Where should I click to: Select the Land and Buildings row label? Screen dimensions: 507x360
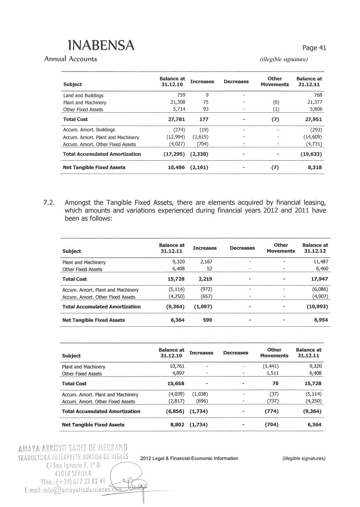(83, 95)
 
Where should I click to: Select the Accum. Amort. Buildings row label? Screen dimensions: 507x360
(89, 130)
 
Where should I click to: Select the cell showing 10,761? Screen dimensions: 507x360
(176, 366)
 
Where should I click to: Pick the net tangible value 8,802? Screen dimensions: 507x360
(176, 425)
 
